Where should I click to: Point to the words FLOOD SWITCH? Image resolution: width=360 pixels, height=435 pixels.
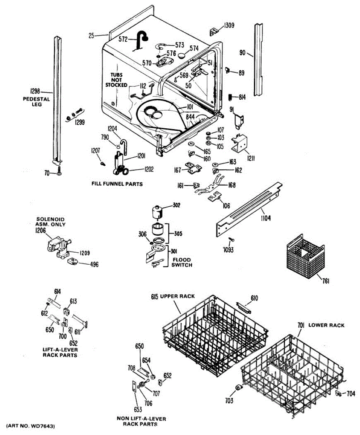click(182, 262)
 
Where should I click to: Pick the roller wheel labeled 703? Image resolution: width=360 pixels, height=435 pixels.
click(239, 388)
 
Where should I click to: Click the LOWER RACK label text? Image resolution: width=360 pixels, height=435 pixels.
click(326, 325)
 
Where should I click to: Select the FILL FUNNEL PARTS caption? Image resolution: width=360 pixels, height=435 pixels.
click(117, 184)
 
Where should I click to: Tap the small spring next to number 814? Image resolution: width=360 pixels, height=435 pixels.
click(230, 96)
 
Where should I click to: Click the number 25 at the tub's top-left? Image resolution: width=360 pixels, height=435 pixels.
click(91, 36)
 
